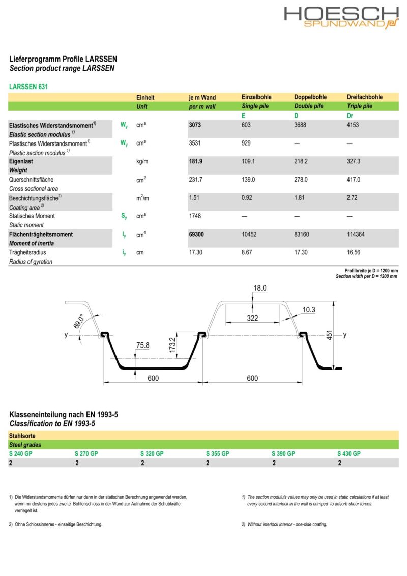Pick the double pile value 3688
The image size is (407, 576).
302,125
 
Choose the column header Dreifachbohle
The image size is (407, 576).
364,97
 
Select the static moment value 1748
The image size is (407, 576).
195,216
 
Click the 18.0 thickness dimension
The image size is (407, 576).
259,288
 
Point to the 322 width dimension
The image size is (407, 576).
252,319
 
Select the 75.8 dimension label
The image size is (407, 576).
143,346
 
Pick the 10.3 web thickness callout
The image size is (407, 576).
309,310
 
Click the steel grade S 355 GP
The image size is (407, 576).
217,454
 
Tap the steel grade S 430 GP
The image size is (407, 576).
348,454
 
